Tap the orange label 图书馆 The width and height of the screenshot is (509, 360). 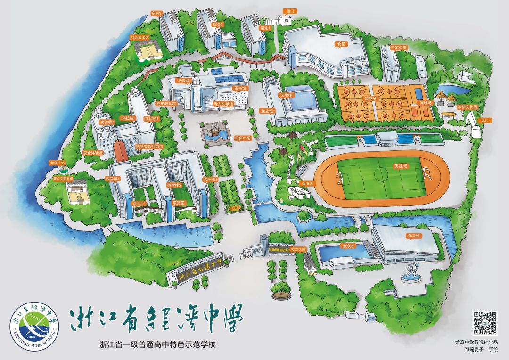[x=240, y=88]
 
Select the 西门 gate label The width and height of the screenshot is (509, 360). [x=290, y=10]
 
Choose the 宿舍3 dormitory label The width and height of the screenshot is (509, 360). [x=156, y=13]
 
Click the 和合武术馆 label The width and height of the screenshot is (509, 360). [x=140, y=37]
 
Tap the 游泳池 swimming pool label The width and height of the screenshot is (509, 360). [x=347, y=246]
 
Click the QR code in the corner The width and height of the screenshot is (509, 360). [x=485, y=323]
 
